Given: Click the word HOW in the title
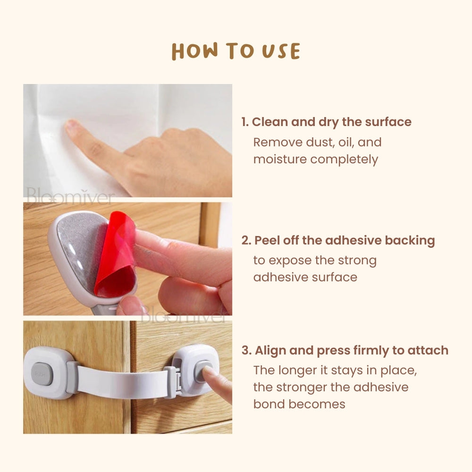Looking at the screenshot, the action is pos(194,51).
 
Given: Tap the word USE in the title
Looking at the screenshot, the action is pos(281,51).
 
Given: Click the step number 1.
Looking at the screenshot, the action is pos(244,122).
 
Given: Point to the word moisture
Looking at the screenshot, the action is pos(280,159).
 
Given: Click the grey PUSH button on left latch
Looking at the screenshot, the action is pos(42,373).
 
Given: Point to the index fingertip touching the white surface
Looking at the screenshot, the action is pos(71,126).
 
